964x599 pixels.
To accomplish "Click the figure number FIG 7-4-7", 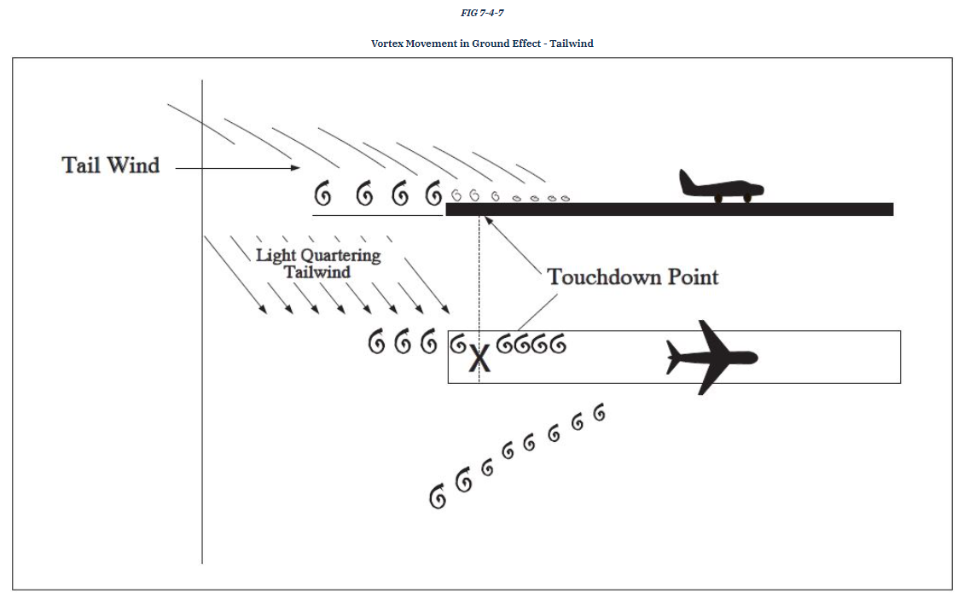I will pyautogui.click(x=482, y=13).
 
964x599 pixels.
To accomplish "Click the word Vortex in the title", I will pyautogui.click(x=389, y=44).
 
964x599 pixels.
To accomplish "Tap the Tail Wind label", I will pyautogui.click(x=111, y=166).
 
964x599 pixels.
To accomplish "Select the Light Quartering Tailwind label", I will pyautogui.click(x=318, y=263).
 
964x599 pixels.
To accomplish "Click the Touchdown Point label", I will pyautogui.click(x=632, y=276).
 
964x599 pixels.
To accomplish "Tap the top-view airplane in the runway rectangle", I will pyautogui.click(x=710, y=357).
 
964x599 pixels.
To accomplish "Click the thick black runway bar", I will pyautogui.click(x=670, y=209).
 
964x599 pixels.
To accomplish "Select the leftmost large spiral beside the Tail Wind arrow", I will pyautogui.click(x=322, y=195).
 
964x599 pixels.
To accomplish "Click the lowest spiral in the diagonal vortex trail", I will pyautogui.click(x=438, y=497).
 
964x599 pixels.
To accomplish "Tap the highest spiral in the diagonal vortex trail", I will pyautogui.click(x=600, y=413).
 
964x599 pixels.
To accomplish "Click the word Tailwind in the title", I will pyautogui.click(x=572, y=44).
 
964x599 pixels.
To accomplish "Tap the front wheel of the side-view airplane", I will pyautogui.click(x=746, y=198).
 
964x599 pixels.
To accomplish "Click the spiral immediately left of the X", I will pyautogui.click(x=458, y=343).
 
